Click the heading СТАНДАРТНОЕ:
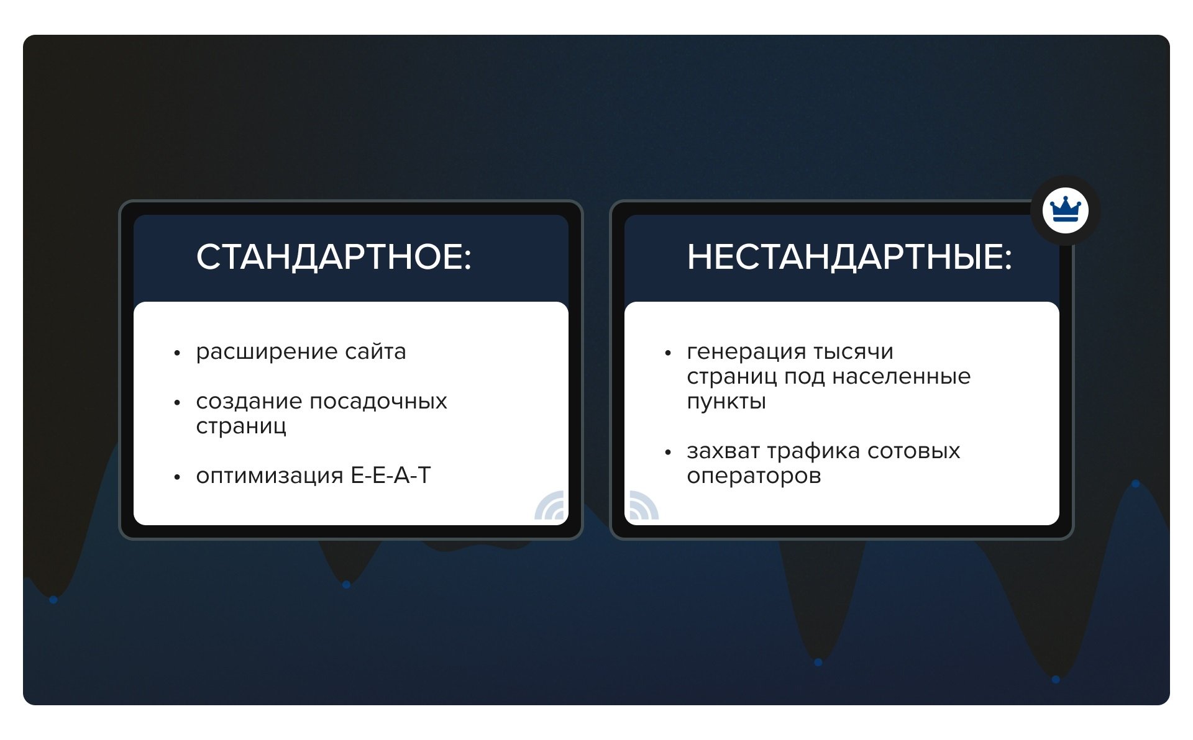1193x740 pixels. tap(334, 257)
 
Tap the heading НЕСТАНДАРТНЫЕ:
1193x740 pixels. tap(849, 257)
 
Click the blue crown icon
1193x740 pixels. tap(1066, 210)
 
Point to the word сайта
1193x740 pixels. tap(375, 351)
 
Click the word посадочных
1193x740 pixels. tap(378, 402)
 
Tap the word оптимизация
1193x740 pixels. tap(269, 476)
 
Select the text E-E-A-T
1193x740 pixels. tap(391, 475)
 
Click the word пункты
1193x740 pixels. tap(726, 402)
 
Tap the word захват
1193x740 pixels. tap(723, 451)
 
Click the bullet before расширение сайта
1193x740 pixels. tap(177, 353)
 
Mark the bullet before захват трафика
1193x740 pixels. tap(668, 453)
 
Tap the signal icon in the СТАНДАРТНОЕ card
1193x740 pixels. tap(550, 506)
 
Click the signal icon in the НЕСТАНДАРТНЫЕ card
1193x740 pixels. tap(644, 506)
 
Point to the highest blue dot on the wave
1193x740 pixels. tap(1135, 484)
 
